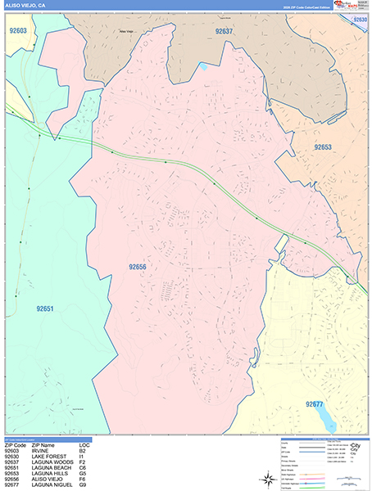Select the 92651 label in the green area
(45, 309)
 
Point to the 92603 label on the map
(17, 30)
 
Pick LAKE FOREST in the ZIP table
(48, 457)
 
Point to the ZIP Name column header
(45, 445)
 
